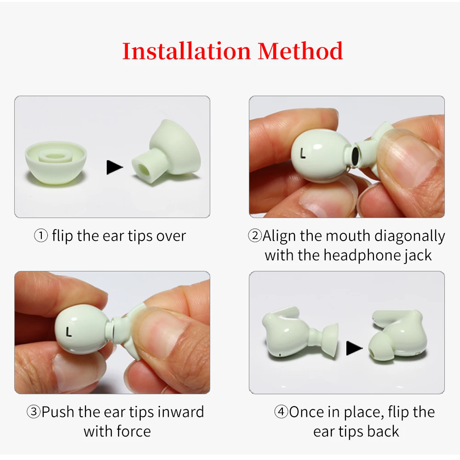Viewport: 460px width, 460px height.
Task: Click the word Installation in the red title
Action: point(187,51)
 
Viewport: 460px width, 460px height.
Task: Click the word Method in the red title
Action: point(300,51)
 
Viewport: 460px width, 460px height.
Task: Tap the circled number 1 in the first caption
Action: point(41,236)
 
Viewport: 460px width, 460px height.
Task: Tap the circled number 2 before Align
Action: point(255,236)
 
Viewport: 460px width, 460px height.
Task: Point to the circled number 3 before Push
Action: point(34,412)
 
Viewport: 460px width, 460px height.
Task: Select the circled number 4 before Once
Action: point(281,412)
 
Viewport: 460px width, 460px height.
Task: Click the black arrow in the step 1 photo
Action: point(115,167)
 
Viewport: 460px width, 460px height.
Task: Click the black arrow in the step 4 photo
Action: point(354,348)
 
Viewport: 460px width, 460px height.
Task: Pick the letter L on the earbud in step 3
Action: point(69,331)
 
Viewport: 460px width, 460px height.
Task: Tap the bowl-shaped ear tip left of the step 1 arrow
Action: point(55,162)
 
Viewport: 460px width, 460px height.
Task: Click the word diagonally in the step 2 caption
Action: point(409,236)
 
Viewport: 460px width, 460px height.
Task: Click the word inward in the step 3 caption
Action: point(181,412)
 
